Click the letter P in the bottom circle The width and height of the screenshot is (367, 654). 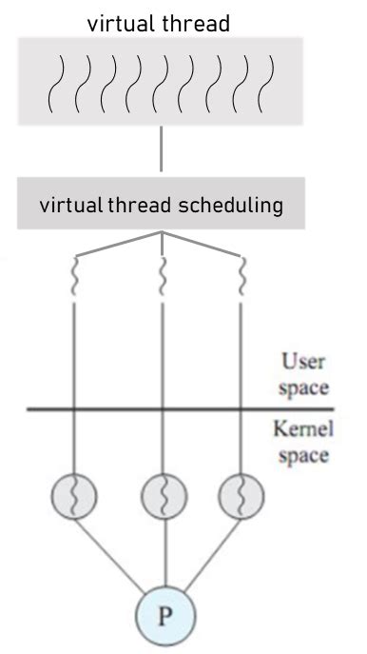164,617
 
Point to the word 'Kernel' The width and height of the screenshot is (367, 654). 303,430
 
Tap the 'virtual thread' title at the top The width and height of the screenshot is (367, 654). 159,24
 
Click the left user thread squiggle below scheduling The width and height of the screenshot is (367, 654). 75,279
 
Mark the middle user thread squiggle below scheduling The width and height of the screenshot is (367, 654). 163,279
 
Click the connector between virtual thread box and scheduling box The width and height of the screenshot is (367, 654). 163,152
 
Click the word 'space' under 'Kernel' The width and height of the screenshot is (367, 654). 303,455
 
